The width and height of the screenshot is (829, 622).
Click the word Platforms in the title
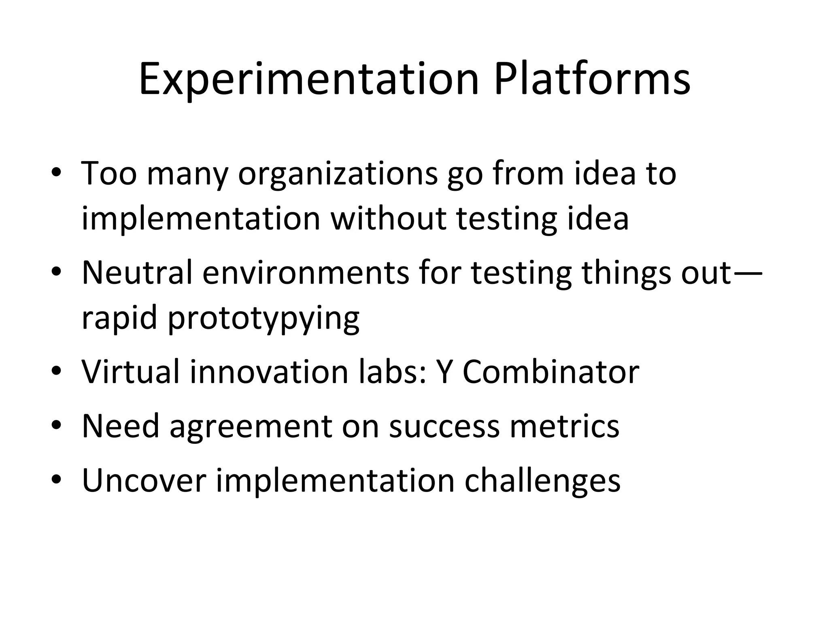592,79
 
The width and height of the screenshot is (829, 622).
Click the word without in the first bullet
389,219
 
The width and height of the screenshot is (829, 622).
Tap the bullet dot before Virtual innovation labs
56,372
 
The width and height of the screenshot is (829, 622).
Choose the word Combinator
551,372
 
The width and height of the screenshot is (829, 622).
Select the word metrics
564,426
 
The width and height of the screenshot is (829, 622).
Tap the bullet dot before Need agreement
56,426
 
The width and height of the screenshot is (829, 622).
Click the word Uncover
144,481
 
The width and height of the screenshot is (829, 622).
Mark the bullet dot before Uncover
56,481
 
